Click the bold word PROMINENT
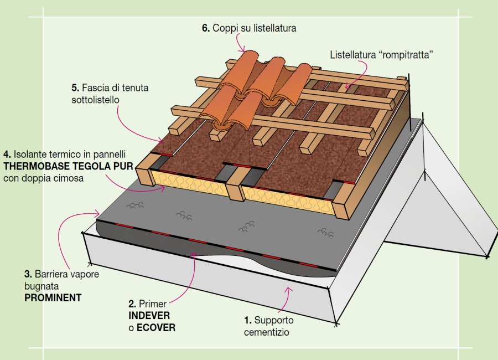(x=53, y=297)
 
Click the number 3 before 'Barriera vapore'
(x=27, y=274)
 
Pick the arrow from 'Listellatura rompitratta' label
(x=360, y=72)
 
